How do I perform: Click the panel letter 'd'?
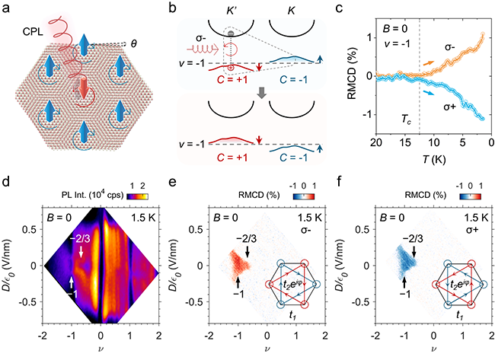coord(8,185)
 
